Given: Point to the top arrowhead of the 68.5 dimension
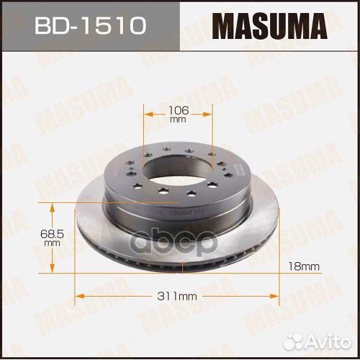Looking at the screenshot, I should [x=50, y=206].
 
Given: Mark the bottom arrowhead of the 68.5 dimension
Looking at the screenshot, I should [x=50, y=271].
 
